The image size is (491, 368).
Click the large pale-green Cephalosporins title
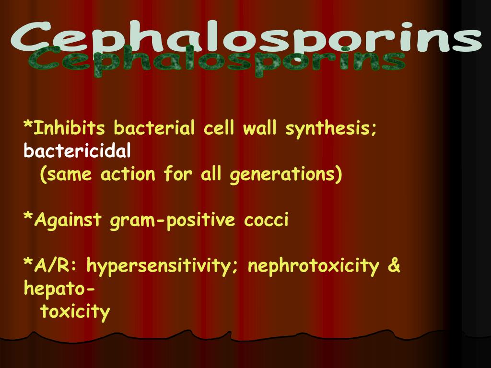(245, 37)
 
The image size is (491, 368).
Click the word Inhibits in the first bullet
(69, 128)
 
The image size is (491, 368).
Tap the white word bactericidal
(77, 151)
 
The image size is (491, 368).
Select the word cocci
(266, 220)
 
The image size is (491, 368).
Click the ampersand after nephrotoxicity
(394, 265)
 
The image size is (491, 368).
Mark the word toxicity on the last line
(75, 312)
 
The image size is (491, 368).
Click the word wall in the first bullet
(258, 128)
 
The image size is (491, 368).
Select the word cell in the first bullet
(218, 128)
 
